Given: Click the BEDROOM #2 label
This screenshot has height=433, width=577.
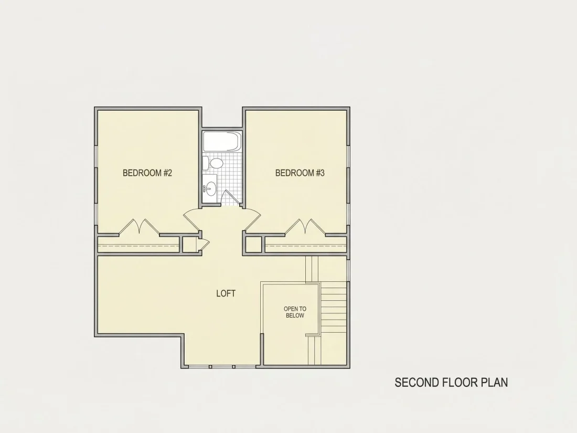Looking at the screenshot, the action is [x=147, y=173].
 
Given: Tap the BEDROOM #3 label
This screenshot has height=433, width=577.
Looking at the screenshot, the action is [x=300, y=173].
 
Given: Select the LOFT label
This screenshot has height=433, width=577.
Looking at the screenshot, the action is [x=226, y=293].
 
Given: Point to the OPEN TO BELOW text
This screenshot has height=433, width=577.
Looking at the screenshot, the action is [x=295, y=312].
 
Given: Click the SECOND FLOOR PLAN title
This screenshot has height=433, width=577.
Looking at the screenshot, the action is [x=451, y=383].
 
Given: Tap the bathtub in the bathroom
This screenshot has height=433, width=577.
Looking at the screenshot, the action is [x=222, y=142].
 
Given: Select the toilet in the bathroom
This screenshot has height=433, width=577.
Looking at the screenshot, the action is [x=213, y=163].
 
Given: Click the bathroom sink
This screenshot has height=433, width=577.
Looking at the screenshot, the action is [x=210, y=188].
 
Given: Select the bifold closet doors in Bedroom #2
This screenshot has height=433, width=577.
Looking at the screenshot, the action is [x=139, y=227].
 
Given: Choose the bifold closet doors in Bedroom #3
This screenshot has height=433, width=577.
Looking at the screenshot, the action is [x=305, y=227].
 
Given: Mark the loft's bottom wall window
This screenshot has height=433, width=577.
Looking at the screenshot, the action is [x=221, y=367].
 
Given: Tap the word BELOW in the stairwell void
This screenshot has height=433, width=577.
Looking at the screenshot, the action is [x=295, y=315].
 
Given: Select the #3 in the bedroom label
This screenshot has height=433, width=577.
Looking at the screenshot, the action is [x=320, y=173].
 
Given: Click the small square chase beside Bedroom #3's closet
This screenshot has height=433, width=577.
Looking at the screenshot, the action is [x=254, y=245].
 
